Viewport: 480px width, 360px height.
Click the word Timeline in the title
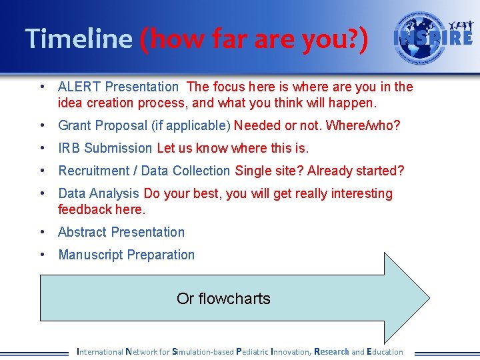79,39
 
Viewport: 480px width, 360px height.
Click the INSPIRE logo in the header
433,37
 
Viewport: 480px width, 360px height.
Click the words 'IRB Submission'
105,148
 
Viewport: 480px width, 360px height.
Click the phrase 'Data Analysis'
99,193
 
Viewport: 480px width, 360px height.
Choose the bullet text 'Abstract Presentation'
121,232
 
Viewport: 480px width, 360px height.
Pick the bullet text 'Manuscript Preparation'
127,255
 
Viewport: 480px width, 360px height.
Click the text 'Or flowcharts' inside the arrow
223,298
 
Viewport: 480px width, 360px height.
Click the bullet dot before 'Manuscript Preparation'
43,255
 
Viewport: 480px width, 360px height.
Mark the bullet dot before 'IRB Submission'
43,148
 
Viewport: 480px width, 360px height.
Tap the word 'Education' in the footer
385,351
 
